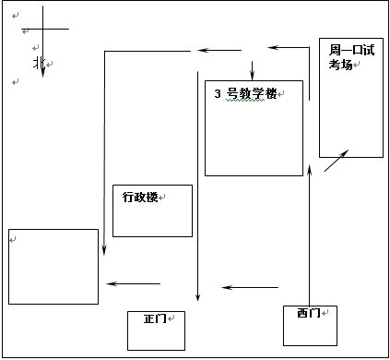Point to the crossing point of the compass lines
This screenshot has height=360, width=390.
click(42, 29)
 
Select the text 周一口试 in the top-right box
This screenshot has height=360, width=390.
click(351, 50)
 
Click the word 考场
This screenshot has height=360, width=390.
click(341, 65)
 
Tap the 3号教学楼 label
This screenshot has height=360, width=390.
click(245, 94)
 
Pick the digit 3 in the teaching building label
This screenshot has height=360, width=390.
click(217, 94)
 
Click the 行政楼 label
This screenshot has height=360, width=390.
click(140, 197)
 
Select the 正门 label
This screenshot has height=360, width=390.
click(155, 318)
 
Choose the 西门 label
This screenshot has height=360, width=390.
click(309, 313)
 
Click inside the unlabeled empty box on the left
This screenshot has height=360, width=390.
click(53, 266)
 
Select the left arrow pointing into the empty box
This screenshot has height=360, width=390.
click(133, 283)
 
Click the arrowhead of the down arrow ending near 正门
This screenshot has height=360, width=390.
click(198, 297)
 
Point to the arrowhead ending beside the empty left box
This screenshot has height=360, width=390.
click(103, 251)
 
